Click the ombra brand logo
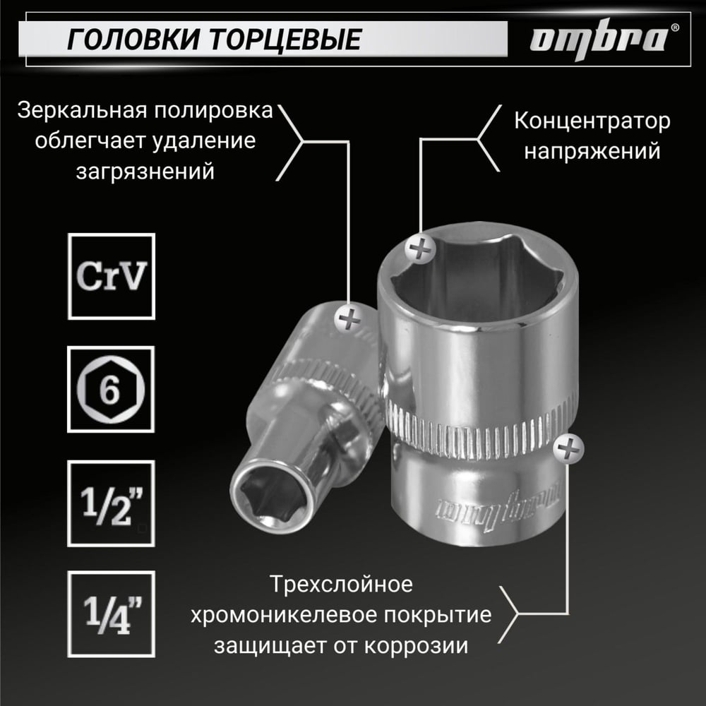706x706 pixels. click(x=599, y=39)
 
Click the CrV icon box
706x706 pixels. click(x=112, y=277)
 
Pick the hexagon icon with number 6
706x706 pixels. click(x=112, y=389)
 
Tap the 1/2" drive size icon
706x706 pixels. click(x=112, y=503)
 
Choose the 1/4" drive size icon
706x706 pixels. click(x=112, y=614)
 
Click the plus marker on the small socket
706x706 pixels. click(x=349, y=319)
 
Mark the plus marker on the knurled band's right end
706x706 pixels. click(x=568, y=449)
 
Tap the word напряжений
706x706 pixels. click(x=592, y=151)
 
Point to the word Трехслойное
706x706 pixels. click(x=341, y=585)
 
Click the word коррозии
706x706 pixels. click(x=416, y=646)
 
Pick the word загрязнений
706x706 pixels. click(x=145, y=172)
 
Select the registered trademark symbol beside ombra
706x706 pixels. click(x=674, y=27)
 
